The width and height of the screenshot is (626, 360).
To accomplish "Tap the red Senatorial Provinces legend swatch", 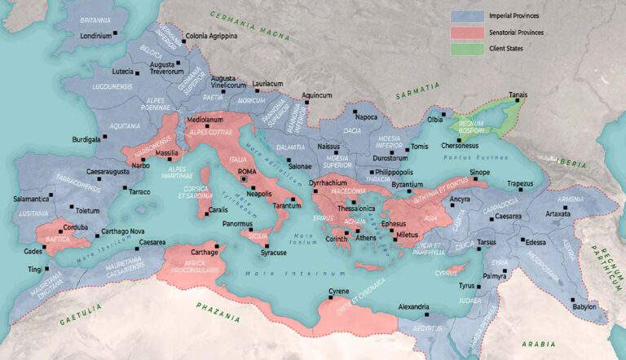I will [x=464, y=32].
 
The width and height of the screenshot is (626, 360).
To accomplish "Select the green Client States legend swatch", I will [x=464, y=48].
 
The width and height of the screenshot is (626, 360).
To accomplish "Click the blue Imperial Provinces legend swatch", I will [x=464, y=15].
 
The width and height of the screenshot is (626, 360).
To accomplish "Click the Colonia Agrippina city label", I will [x=212, y=37].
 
